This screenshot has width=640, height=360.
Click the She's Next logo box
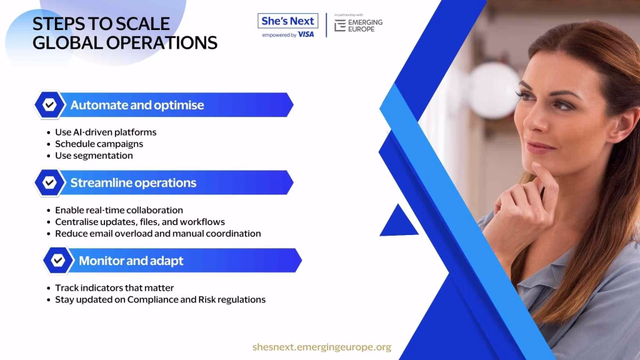[x=287, y=21]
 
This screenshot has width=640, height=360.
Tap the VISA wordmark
[x=306, y=35]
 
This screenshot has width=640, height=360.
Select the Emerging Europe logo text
[x=365, y=26]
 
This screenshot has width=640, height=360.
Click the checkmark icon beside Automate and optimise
[x=49, y=105]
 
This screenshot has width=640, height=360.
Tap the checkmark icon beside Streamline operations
[x=49, y=182]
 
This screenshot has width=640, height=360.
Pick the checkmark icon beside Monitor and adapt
[x=58, y=261]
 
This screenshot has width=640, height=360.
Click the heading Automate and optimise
[x=137, y=105]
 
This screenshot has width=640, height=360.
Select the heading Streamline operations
[x=134, y=182]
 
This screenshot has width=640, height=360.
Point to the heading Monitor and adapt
[x=131, y=261]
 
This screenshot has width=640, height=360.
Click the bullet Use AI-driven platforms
[x=106, y=132]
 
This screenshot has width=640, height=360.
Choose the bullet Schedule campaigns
[x=99, y=144]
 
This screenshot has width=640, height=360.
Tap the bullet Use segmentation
[x=94, y=156]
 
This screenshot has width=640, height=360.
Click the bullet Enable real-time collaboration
[x=119, y=210]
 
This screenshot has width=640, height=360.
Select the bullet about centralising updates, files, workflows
[x=140, y=222]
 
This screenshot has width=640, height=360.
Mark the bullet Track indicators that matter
[x=114, y=287]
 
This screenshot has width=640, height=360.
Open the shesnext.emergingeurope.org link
[x=322, y=347]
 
